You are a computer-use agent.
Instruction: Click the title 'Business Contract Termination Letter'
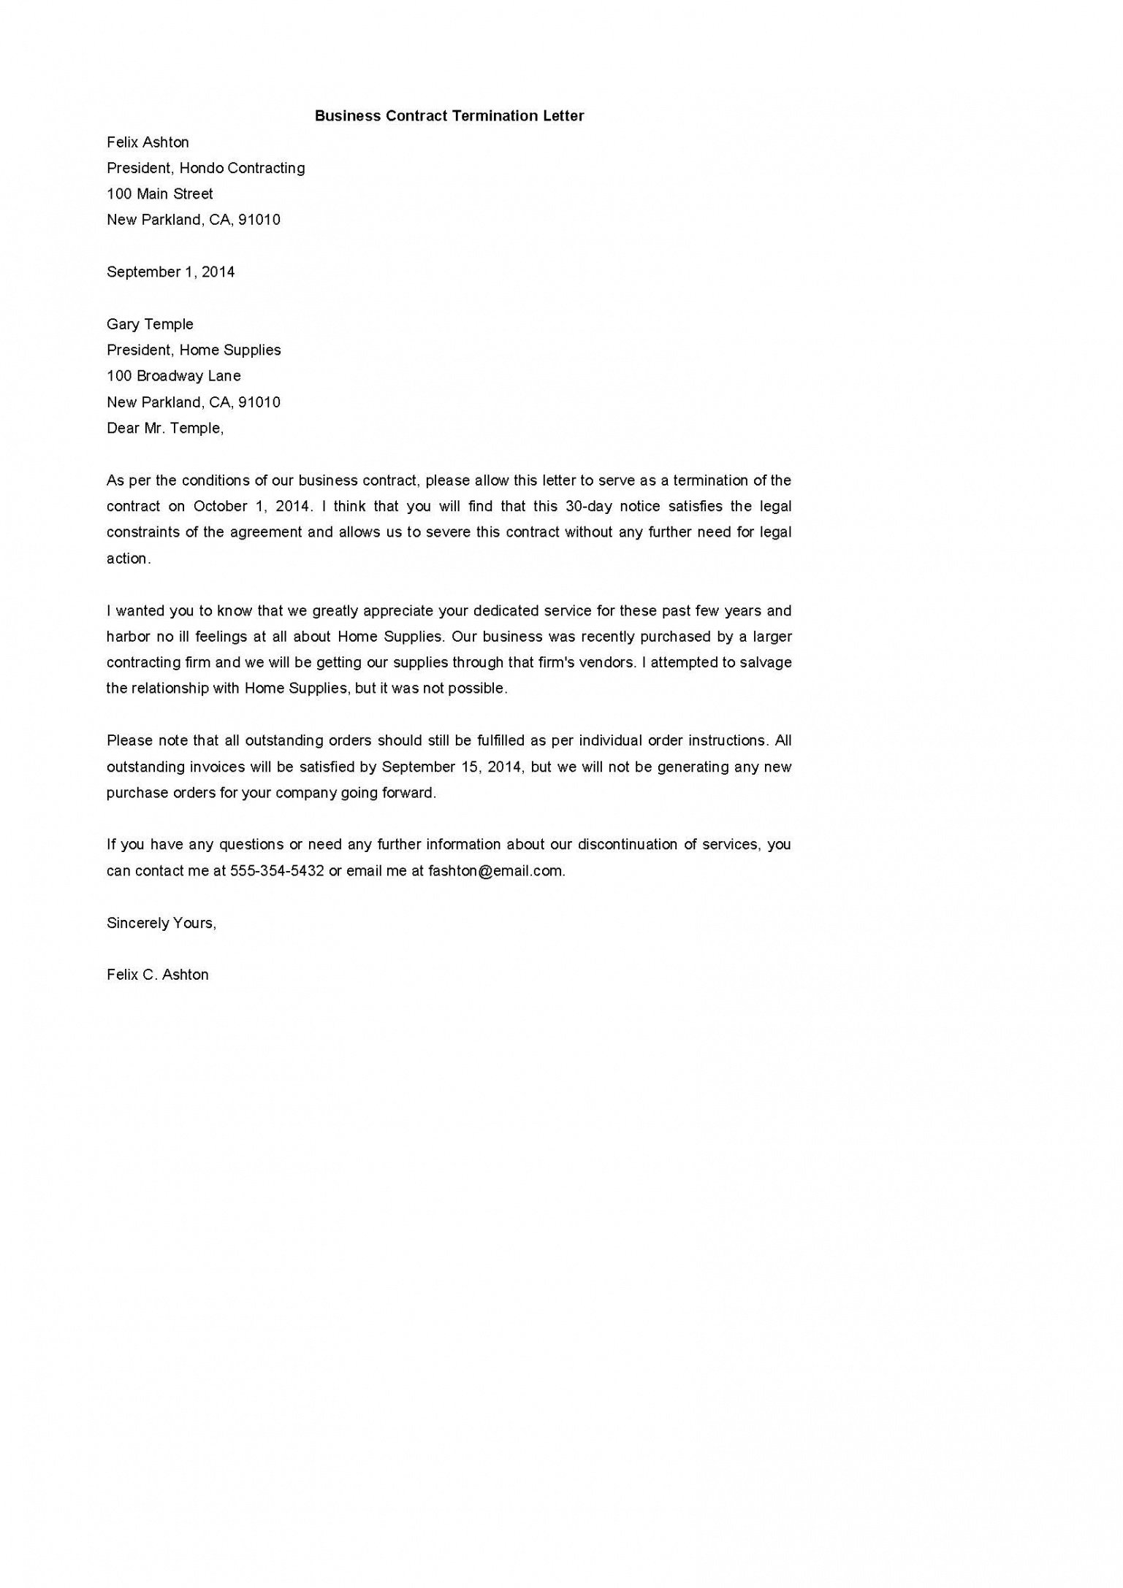coord(449,115)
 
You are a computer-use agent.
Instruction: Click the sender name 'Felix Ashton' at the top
coord(148,142)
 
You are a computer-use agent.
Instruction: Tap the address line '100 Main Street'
coord(160,194)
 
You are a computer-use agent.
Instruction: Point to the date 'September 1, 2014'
coord(170,272)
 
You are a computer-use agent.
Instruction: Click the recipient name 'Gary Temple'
coord(150,324)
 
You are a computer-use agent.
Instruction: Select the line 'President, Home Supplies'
coord(194,350)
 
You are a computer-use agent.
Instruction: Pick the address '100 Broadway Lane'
coord(173,376)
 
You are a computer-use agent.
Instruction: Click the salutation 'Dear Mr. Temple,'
coord(165,429)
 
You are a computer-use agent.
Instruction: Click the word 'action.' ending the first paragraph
coord(129,559)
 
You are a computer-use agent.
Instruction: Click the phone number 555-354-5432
coord(277,871)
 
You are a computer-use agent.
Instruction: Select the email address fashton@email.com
coord(496,871)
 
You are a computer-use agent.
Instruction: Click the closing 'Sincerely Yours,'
coord(161,924)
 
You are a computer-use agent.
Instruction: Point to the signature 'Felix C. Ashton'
coord(157,975)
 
